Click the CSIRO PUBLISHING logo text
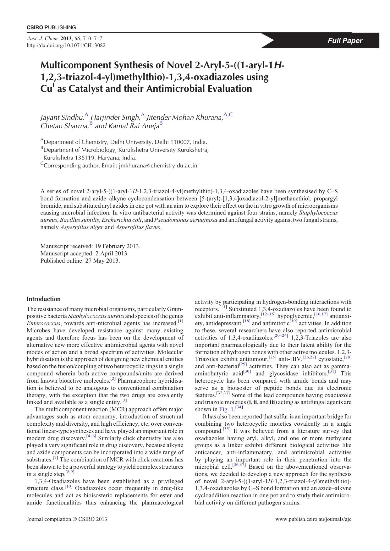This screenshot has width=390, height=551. (x=51, y=28)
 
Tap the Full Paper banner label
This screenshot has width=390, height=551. (x=345, y=41)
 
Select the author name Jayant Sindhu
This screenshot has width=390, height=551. (x=62, y=117)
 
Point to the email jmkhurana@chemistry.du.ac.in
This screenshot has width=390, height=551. (x=158, y=166)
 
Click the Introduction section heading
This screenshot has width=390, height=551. (x=44, y=299)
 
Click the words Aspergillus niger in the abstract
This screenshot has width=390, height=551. (x=81, y=227)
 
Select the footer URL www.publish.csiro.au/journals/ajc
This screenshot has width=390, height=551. (x=313, y=519)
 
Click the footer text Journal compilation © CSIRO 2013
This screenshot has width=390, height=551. (x=67, y=519)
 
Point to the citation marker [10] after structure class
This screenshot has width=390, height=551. (x=69, y=487)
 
